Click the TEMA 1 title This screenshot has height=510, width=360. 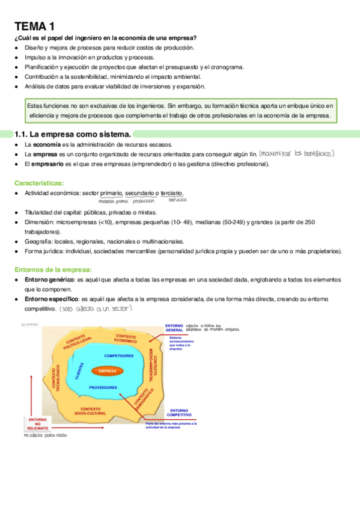pos(34,26)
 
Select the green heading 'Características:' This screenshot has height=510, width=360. pos(38,182)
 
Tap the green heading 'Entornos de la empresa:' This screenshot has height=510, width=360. pos(52,269)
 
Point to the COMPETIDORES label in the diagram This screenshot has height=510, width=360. pos(119,356)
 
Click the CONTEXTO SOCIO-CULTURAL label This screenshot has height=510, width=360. pos(90,411)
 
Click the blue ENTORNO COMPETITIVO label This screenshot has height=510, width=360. pos(179,413)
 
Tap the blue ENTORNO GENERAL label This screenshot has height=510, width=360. pos(175,328)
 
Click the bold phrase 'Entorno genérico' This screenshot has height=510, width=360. pos(49,280)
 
